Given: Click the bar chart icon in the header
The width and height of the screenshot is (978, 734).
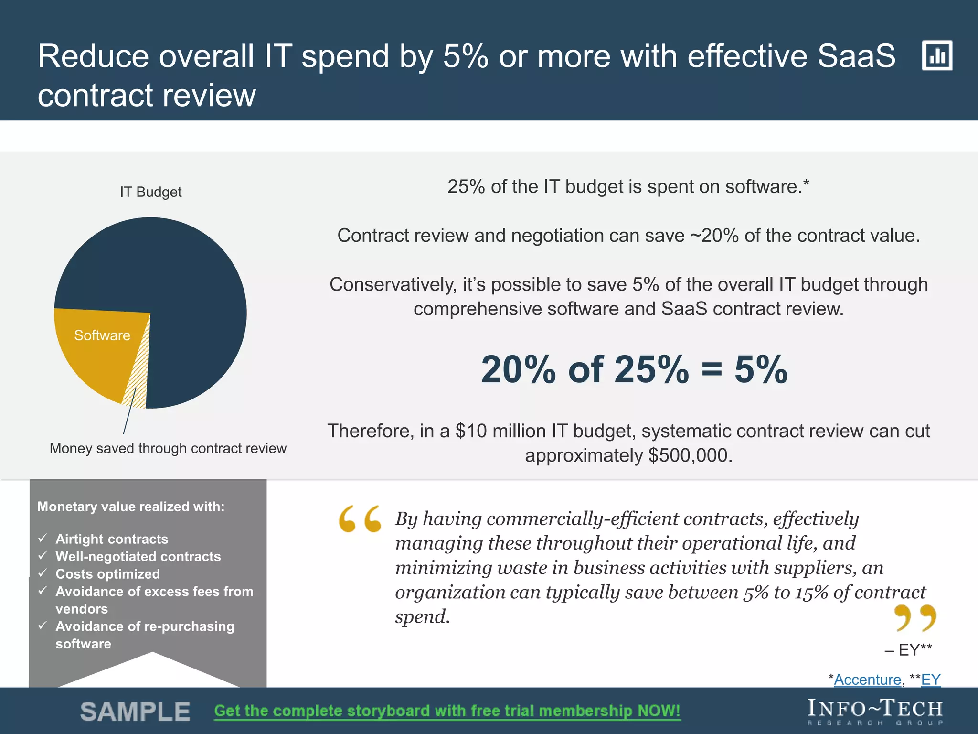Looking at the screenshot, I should [x=937, y=55].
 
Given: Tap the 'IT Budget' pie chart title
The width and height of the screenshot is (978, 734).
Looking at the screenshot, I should [x=150, y=192].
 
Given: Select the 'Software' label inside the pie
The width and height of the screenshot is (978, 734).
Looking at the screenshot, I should [x=102, y=335].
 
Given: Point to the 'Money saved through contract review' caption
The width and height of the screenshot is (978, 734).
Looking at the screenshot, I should [x=168, y=448].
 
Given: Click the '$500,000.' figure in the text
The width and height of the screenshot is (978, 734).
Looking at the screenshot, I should [x=690, y=455].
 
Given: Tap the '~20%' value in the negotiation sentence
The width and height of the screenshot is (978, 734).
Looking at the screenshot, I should [x=714, y=236].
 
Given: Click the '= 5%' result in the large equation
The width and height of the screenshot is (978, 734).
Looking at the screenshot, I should [x=745, y=369].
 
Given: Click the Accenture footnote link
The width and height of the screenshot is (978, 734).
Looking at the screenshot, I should [x=867, y=680].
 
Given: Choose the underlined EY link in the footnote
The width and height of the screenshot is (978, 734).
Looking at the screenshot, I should [x=931, y=680].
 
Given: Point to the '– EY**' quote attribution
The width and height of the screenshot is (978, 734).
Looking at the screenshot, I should [x=908, y=650].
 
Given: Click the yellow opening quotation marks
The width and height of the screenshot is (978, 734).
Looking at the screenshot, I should [x=360, y=519].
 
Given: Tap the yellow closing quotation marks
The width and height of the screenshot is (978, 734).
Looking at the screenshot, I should [x=915, y=617].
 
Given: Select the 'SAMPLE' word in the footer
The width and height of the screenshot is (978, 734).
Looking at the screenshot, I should [x=135, y=712].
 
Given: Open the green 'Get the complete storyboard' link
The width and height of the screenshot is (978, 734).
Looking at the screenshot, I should [x=447, y=711].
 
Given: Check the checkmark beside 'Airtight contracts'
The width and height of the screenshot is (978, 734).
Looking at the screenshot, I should [x=43, y=539].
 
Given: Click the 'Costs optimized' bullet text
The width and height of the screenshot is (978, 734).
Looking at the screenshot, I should [x=107, y=574].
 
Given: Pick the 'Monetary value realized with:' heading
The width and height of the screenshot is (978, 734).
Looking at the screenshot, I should [x=131, y=507].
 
